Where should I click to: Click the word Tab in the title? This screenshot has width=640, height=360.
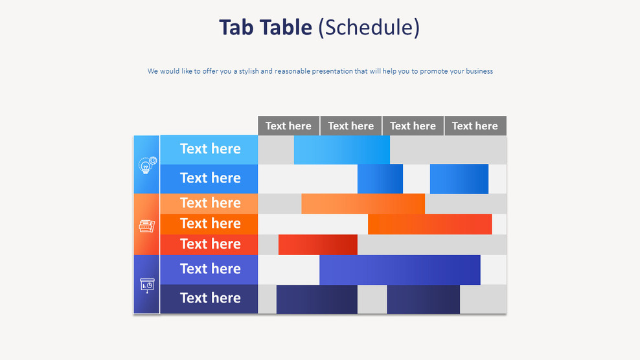click(235, 27)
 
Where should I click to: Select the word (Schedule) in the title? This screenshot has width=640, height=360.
click(369, 27)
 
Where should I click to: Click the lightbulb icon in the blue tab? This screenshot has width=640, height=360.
click(147, 165)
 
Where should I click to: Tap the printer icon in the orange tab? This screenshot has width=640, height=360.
click(147, 226)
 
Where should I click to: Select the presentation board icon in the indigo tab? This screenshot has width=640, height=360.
click(147, 285)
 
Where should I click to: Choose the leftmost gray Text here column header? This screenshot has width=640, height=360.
click(288, 126)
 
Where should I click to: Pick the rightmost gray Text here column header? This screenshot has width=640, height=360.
click(475, 126)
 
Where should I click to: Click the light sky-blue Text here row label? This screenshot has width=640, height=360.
click(209, 149)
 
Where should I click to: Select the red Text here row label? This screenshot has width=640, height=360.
click(209, 244)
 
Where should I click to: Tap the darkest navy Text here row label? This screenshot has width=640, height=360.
click(209, 298)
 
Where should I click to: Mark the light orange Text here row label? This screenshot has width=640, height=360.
click(209, 203)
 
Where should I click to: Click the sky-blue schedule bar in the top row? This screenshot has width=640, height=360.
click(341, 150)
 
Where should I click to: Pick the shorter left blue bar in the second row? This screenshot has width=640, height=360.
click(380, 179)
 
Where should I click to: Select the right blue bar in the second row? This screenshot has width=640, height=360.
click(459, 179)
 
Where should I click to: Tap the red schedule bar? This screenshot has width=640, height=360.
click(317, 245)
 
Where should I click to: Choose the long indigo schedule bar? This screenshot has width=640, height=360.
click(400, 269)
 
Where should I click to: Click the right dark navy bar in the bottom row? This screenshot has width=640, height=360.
click(423, 299)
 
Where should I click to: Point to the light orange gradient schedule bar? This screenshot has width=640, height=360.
click(363, 203)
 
